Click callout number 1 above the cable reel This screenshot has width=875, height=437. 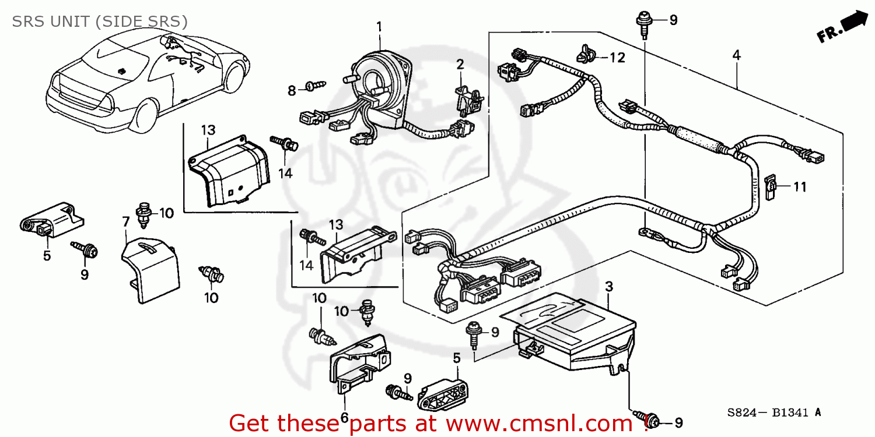pyautogui.click(x=379, y=26)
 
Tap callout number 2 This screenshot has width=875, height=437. pyautogui.click(x=460, y=64)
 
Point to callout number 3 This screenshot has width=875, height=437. pyautogui.click(x=608, y=286)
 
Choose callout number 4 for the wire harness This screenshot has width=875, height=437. pyautogui.click(x=736, y=55)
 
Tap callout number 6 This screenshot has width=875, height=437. pyautogui.click(x=344, y=417)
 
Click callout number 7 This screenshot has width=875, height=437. pyautogui.click(x=125, y=221)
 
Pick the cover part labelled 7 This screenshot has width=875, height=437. pyautogui.click(x=149, y=268)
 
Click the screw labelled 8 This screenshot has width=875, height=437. pyautogui.click(x=315, y=86)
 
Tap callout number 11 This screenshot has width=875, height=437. pyautogui.click(x=799, y=187)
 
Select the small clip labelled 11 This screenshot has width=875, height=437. pyautogui.click(x=769, y=187)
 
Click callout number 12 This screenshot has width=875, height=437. pyautogui.click(x=617, y=57)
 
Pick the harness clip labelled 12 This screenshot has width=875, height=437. pyautogui.click(x=585, y=55)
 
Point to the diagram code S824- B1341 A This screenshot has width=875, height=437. pyautogui.click(x=773, y=413)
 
